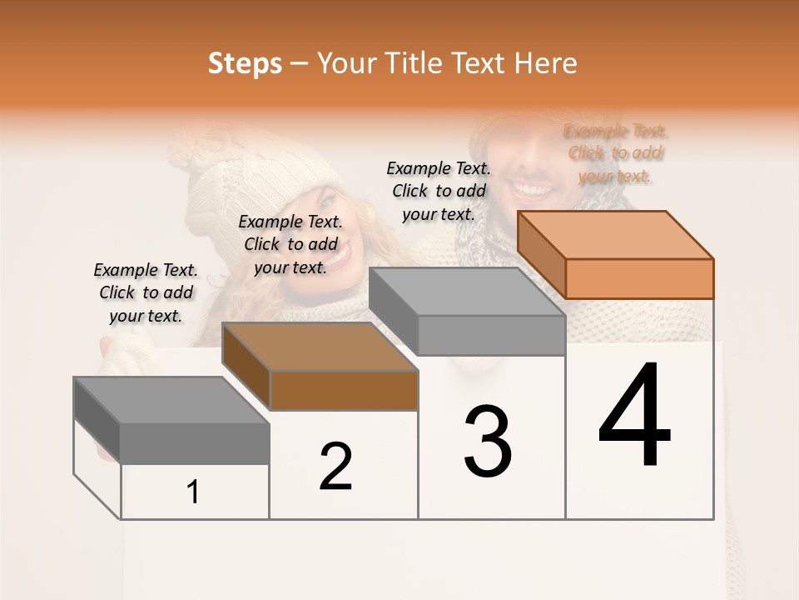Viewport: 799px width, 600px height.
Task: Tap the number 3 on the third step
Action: [x=487, y=441]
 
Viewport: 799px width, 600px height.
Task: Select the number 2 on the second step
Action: [x=335, y=466]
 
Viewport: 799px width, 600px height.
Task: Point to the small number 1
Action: [x=193, y=492]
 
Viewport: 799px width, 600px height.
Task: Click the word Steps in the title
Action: [x=245, y=63]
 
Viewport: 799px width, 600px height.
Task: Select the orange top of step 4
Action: [x=616, y=234]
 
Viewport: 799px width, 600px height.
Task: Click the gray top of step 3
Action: [x=466, y=291]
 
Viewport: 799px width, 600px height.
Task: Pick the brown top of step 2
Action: [x=320, y=346]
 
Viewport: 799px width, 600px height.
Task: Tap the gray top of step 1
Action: [x=171, y=400]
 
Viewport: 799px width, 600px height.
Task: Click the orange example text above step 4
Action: [x=615, y=153]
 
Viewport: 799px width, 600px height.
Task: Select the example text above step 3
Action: [x=439, y=191]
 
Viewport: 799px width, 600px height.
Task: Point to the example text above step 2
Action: [x=290, y=244]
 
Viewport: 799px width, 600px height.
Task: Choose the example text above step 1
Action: [x=146, y=292]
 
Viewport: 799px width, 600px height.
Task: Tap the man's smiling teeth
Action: [x=528, y=187]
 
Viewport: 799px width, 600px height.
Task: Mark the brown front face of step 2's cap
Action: [x=344, y=390]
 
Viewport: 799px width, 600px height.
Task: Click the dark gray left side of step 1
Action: [x=97, y=421]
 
